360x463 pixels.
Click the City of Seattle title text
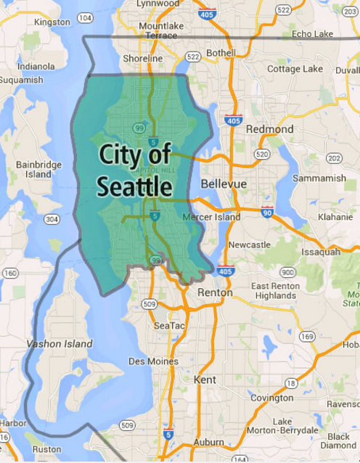point(135,171)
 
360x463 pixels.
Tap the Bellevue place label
point(224,184)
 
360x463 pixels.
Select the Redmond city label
point(269,129)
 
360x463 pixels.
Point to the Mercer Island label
point(211,217)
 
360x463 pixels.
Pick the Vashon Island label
point(60,343)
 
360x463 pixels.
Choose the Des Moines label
point(153,361)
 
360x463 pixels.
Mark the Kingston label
point(52,22)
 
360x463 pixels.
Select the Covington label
point(271,398)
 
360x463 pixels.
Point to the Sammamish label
point(319,178)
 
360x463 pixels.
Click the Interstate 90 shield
point(267,212)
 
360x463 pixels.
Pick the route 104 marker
point(84,17)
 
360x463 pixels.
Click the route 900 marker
point(288,272)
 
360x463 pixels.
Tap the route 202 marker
point(334,158)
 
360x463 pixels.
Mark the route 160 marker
point(10,273)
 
